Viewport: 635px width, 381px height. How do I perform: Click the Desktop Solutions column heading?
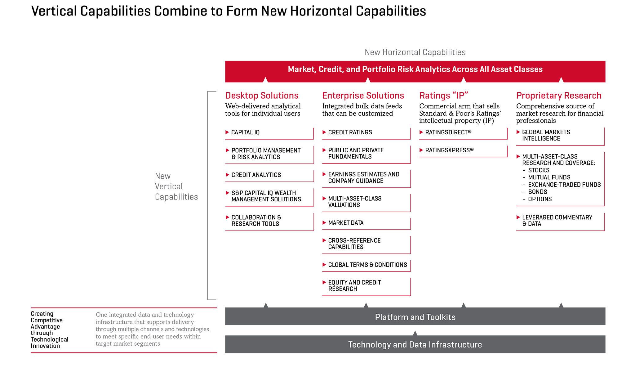[x=262, y=96]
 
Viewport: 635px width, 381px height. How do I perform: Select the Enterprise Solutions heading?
[x=363, y=96]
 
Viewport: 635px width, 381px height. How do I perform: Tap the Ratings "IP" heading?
[x=444, y=96]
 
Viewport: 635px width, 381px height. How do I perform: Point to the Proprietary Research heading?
[x=559, y=96]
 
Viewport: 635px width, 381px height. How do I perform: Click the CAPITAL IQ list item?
[x=245, y=132]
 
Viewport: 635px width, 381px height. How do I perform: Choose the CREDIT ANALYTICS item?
[x=256, y=175]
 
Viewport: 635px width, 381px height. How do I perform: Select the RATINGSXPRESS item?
[x=449, y=150]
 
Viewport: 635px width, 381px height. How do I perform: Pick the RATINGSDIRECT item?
[x=448, y=132]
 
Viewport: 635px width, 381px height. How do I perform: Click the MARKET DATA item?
[x=346, y=223]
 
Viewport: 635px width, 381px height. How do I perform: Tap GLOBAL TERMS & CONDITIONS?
[x=367, y=265]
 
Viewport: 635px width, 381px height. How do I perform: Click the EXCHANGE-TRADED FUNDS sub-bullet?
[x=564, y=185]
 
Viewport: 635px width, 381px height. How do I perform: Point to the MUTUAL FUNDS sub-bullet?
[x=549, y=177]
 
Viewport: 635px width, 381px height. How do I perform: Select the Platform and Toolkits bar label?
[x=415, y=317]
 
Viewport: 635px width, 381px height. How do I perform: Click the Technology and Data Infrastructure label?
[x=415, y=345]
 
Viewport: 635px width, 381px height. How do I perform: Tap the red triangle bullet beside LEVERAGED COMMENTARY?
[x=518, y=217]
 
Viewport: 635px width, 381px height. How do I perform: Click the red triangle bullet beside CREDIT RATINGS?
[x=324, y=132]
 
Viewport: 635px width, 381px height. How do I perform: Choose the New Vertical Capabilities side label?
[x=176, y=186]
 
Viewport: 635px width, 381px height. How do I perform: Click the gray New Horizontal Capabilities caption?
[x=415, y=52]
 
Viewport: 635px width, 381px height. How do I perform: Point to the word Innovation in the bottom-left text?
[x=45, y=346]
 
